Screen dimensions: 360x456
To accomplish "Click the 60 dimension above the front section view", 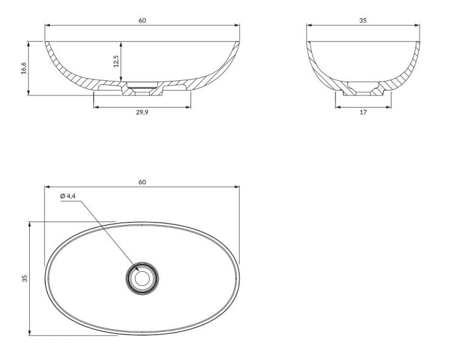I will pos(142,20).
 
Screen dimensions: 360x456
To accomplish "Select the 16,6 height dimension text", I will pos(24,68).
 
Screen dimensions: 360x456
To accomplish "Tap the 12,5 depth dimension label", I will pos(116,61).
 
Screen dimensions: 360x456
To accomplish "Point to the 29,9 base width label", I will pos(142,113).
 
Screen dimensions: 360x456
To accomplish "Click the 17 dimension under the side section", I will pos(363,113).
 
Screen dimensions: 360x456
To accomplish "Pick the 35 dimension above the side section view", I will pos(363,20).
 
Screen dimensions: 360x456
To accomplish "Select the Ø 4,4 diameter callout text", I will pos(68,196).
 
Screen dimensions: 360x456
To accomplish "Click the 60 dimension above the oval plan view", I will pos(142,182).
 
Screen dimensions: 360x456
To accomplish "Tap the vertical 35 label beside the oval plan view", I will pos(24,279).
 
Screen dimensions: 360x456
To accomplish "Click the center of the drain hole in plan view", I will pos(142,279).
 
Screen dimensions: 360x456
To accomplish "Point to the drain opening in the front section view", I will pos(142,89).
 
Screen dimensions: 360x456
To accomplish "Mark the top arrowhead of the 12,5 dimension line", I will pos(122,43).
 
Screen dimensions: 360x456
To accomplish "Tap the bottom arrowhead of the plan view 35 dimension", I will pos(29,333).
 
